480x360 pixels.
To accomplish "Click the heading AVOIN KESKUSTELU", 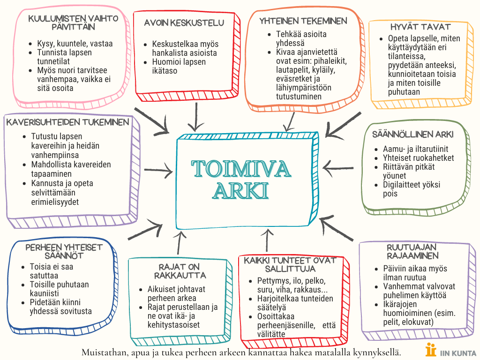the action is (x=184, y=22).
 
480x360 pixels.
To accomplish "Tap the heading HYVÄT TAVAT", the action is (x=420, y=27).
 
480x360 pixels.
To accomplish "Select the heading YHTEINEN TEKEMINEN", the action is (x=303, y=21).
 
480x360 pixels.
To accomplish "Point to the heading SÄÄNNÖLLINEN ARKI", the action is (x=412, y=135).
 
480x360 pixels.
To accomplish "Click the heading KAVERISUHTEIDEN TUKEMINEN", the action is (x=67, y=122).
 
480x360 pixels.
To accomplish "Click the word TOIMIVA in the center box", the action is (x=241, y=169).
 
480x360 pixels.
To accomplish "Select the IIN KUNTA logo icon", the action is (x=431, y=349).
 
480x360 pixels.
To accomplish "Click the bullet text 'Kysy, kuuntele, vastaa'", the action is (x=75, y=44).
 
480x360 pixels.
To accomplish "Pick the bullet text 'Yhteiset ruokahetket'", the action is (x=418, y=158).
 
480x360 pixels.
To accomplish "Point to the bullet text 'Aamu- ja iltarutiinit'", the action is (x=415, y=149).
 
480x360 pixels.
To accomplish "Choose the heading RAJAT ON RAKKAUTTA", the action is (x=180, y=271).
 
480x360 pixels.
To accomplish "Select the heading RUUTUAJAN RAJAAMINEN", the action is (x=412, y=251).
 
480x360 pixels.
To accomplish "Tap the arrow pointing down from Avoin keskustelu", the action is (x=196, y=117).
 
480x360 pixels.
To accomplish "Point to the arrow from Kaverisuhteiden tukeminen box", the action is (x=158, y=170).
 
